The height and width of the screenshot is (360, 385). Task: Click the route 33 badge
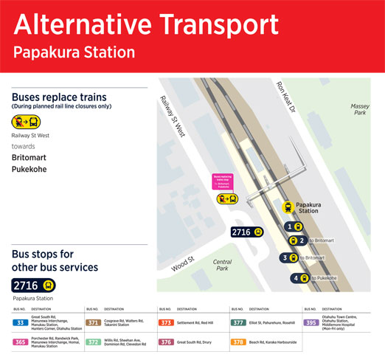[x=21, y=322]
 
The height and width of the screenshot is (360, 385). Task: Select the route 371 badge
[x=93, y=322]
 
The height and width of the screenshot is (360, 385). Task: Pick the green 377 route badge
[x=238, y=322]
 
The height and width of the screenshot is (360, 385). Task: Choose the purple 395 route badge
[x=311, y=322]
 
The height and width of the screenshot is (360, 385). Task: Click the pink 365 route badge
[x=21, y=342]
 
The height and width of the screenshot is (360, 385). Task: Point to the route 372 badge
[x=93, y=342]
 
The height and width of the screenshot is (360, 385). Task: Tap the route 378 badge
[x=238, y=342]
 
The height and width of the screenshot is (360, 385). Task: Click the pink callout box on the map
[x=222, y=179]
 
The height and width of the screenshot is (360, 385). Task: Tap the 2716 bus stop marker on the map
[x=247, y=232]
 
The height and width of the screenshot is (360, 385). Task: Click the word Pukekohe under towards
[x=34, y=169]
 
